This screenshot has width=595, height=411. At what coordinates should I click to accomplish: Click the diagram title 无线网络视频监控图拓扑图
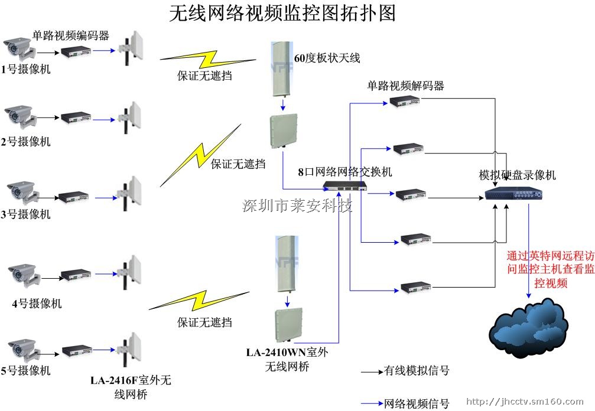pyautogui.click(x=282, y=13)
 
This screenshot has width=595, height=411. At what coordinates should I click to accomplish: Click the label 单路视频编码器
pyautogui.click(x=71, y=35)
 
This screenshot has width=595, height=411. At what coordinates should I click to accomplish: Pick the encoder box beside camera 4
pyautogui.click(x=76, y=275)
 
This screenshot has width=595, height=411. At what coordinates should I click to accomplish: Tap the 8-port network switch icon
pyautogui.click(x=344, y=187)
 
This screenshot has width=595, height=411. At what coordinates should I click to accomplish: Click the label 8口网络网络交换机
pyautogui.click(x=344, y=172)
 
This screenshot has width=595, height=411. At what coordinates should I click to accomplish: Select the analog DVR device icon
pyautogui.click(x=513, y=194)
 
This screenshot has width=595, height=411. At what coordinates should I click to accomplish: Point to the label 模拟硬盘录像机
pyautogui.click(x=517, y=175)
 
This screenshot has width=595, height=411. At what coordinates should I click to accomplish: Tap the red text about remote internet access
pyautogui.click(x=550, y=269)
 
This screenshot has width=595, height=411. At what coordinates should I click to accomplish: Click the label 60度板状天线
pyautogui.click(x=327, y=58)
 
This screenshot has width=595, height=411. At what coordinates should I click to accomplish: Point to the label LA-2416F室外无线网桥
pyautogui.click(x=131, y=387)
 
